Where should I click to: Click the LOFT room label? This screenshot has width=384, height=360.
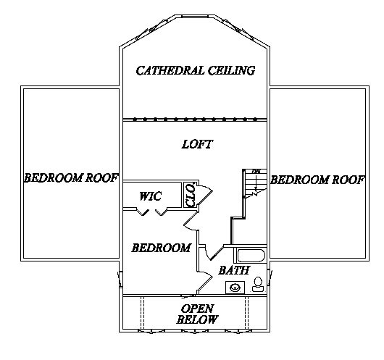[197, 144]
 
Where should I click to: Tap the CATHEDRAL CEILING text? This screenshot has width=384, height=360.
[196, 70]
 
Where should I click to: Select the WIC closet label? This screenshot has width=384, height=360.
[151, 196]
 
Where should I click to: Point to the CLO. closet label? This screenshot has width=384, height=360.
[191, 195]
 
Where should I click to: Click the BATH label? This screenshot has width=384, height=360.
[234, 270]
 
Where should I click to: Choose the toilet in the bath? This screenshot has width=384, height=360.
[257, 285]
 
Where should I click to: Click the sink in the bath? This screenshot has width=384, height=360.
[235, 288]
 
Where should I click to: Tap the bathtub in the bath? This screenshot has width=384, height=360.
[251, 256]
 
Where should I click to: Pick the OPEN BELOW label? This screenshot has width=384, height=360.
[197, 314]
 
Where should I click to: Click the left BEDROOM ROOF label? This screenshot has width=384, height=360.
[71, 177]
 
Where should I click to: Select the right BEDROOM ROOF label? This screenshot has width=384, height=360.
[317, 180]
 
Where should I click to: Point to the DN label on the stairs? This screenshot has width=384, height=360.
[256, 171]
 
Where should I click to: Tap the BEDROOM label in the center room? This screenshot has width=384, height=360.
[162, 248]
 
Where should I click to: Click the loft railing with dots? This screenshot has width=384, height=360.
[195, 120]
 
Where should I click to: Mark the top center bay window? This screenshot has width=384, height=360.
[195, 17]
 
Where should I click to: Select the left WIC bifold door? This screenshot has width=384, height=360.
[143, 212]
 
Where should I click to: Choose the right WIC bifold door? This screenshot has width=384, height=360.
[161, 212]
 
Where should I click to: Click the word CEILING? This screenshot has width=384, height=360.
[231, 70]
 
